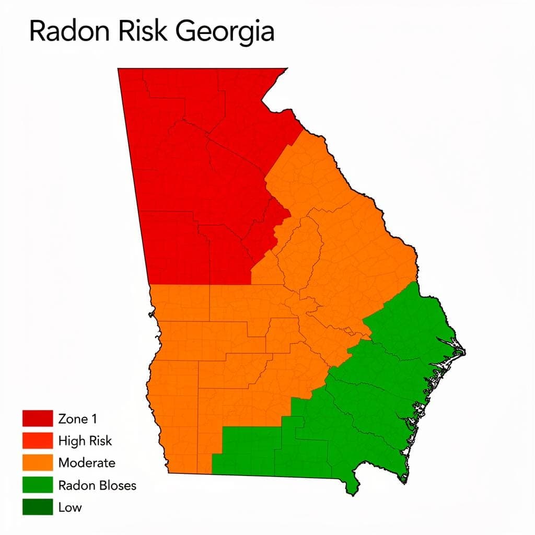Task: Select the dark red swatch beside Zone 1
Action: coord(38,418)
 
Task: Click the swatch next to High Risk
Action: coord(38,440)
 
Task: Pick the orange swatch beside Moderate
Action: coord(38,462)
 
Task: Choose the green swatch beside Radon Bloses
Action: coord(38,485)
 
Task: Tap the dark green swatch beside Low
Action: coord(38,507)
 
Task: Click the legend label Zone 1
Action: coord(78,418)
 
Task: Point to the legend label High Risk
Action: coord(85,440)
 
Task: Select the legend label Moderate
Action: coord(87,462)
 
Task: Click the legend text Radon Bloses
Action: coord(97,485)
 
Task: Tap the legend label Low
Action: coord(70,507)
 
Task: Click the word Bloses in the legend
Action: coord(116,485)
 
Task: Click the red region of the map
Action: coord(199,172)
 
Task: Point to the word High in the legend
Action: coord(71,440)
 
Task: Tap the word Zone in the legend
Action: coord(73,418)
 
